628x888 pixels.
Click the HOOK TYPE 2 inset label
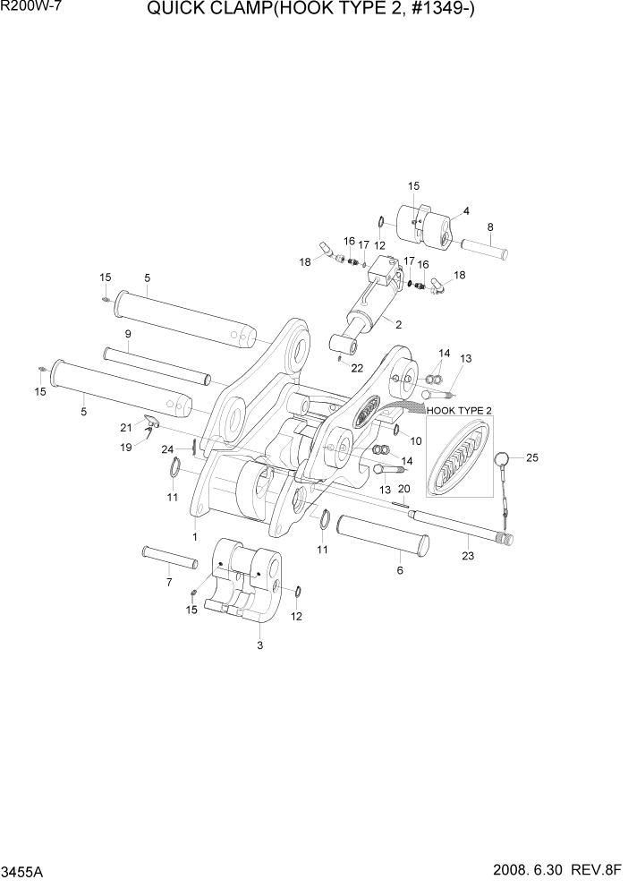[460, 410]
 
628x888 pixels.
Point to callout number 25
[533, 458]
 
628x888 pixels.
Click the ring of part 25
[504, 460]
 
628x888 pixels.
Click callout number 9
[128, 334]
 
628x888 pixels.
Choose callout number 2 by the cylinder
[398, 324]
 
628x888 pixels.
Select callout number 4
[466, 212]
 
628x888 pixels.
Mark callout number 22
[357, 368]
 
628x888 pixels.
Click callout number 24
[166, 448]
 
